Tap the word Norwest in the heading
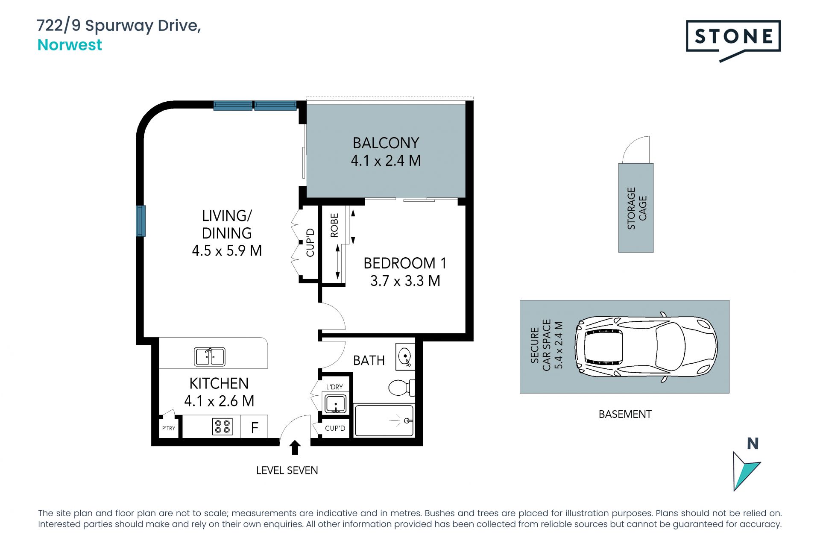pyautogui.click(x=70, y=45)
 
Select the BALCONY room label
pyautogui.click(x=386, y=143)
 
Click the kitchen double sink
pyautogui.click(x=210, y=356)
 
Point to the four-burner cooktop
pyautogui.click(x=223, y=426)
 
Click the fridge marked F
pyautogui.click(x=255, y=427)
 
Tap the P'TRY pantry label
pyautogui.click(x=169, y=428)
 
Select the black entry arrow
pyautogui.click(x=295, y=447)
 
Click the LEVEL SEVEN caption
pyautogui.click(x=287, y=471)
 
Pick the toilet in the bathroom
pyautogui.click(x=401, y=388)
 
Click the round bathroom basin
pyautogui.click(x=404, y=355)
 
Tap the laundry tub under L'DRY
pyautogui.click(x=336, y=404)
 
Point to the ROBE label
pyautogui.click(x=334, y=225)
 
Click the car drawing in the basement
pyautogui.click(x=646, y=347)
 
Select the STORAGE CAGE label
pyautogui.click(x=637, y=208)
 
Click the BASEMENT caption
pyautogui.click(x=625, y=414)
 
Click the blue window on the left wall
pyautogui.click(x=141, y=221)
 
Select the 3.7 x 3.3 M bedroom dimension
pyautogui.click(x=405, y=281)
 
